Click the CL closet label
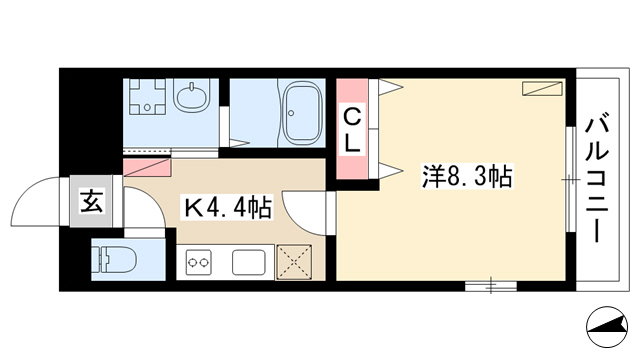pos(352,131)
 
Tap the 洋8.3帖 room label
pos(467,177)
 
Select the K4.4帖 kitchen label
pos(228,207)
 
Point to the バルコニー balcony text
pos(597,180)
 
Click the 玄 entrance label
pos(91,201)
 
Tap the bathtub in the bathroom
pos(302,113)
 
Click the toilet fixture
pos(115,259)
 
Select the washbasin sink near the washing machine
pos(191,96)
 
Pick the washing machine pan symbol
pos(147,97)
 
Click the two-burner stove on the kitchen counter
pos(199,262)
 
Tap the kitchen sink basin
pos(249,262)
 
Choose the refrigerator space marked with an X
pos(294,262)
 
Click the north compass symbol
pos(607,327)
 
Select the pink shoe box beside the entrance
pos(147,168)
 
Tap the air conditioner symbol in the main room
pos(542,89)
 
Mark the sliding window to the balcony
pos(571,180)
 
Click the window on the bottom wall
pos(491,285)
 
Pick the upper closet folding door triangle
pos(391,87)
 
